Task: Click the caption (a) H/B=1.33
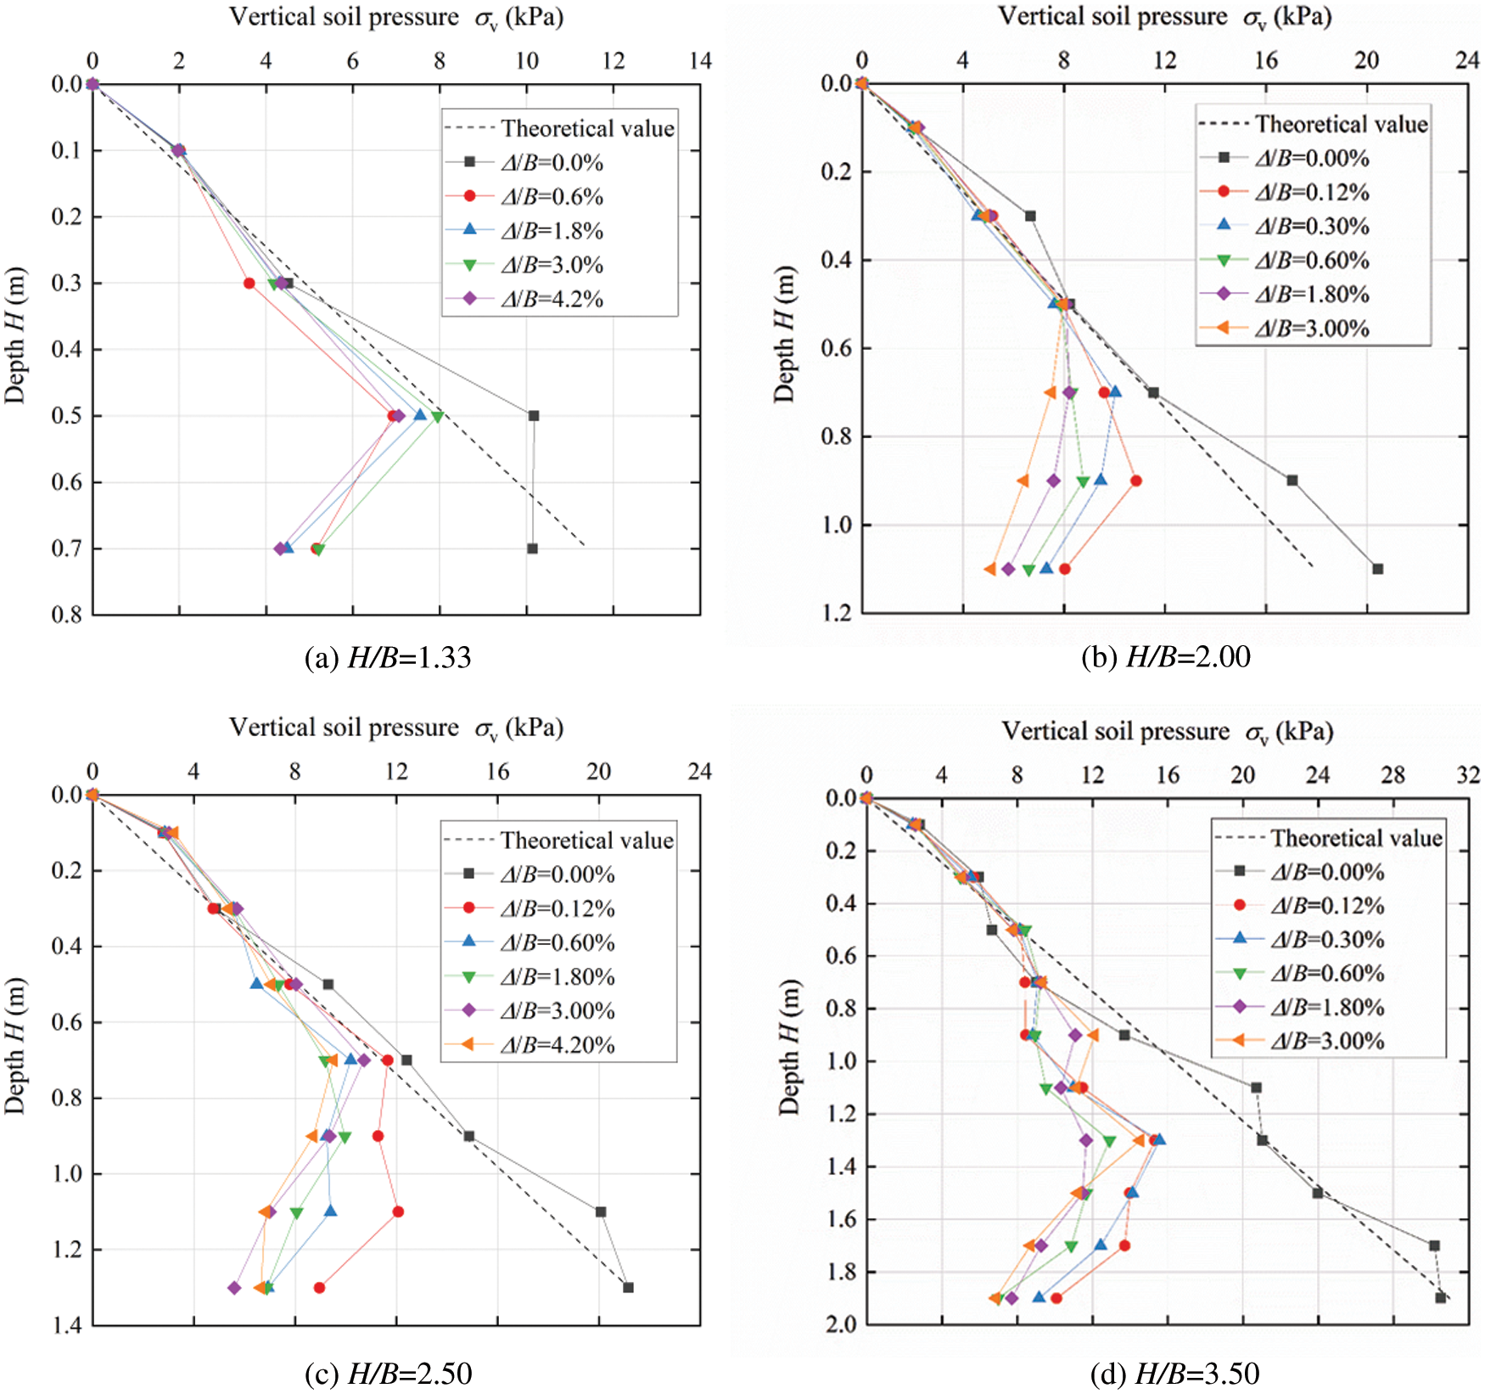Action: pos(388,658)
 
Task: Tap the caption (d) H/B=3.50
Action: pos(1174,1373)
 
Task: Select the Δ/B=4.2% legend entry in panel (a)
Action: pos(551,299)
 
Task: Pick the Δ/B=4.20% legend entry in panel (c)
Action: pos(557,1045)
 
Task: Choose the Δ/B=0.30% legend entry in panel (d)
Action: pos(1327,940)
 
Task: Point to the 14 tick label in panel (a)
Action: pos(700,61)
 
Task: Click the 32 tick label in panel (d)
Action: pos(1468,774)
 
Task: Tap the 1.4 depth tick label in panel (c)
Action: pos(66,1325)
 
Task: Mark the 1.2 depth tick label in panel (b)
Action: pos(836,613)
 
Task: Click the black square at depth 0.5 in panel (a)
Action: pos(534,416)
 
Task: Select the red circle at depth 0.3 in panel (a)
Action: pos(249,284)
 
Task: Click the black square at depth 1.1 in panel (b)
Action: pos(1378,569)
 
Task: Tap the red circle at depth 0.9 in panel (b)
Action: pos(1136,481)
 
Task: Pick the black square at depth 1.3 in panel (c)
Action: pos(628,1288)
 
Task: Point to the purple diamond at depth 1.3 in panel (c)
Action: pos(234,1288)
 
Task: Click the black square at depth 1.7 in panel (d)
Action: pos(1434,1245)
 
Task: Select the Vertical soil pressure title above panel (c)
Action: pos(396,728)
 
